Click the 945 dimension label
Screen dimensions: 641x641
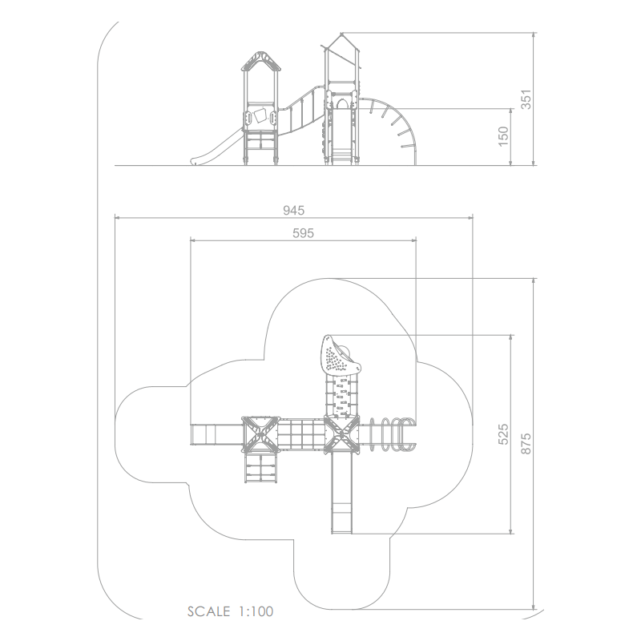293,210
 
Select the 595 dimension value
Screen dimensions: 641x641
304,233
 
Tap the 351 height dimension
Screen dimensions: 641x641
526,99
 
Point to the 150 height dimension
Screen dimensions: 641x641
503,136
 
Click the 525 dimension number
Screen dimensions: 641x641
503,433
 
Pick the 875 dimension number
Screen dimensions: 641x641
526,443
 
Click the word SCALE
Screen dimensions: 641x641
208,611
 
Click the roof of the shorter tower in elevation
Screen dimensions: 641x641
261,61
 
